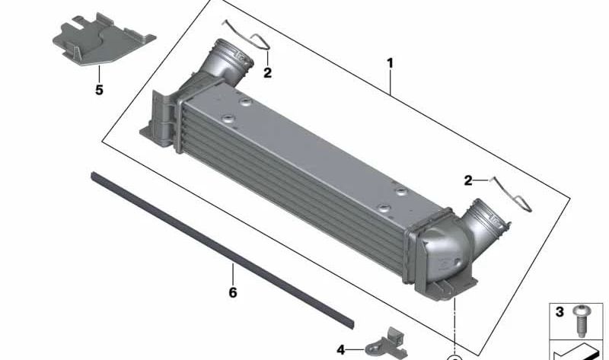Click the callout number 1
(x=390, y=63)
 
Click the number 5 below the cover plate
(x=100, y=90)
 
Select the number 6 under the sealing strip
(x=233, y=292)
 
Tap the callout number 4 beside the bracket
(x=340, y=350)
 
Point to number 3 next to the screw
(x=560, y=312)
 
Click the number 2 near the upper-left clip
(x=268, y=72)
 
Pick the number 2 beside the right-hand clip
(x=468, y=180)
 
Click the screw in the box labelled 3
(x=582, y=320)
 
